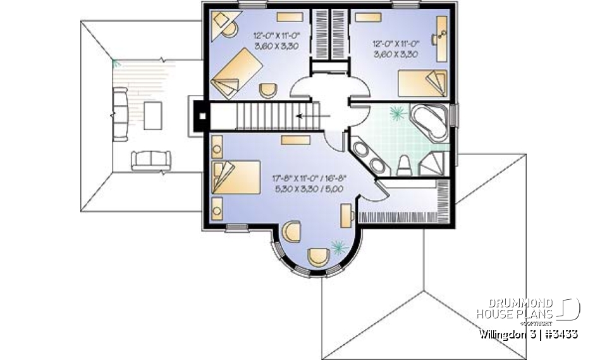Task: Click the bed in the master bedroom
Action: click(236, 177)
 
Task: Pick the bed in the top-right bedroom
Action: click(422, 84)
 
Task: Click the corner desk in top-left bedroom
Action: click(222, 23)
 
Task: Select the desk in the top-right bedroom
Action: click(440, 32)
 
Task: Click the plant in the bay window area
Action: click(340, 245)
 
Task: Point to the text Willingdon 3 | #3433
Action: click(528, 333)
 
